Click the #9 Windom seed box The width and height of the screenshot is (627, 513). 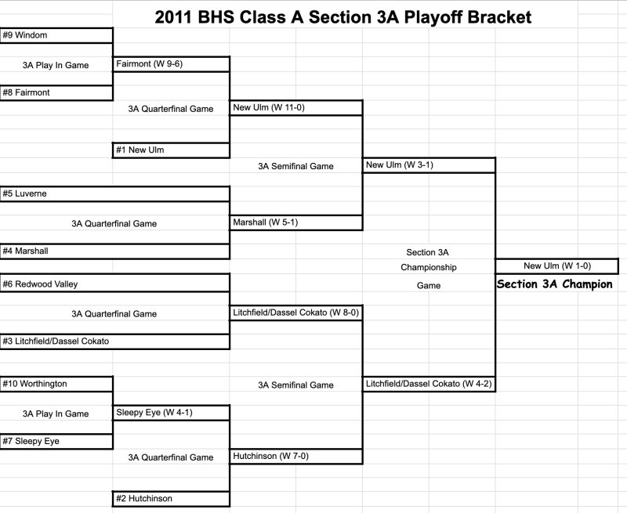click(x=56, y=35)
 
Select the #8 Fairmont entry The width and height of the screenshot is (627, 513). click(x=56, y=92)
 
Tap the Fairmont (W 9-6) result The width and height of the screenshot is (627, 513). click(x=171, y=64)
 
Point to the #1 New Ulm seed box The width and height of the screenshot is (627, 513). click(x=171, y=150)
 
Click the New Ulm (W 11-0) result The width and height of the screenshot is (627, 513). click(x=296, y=107)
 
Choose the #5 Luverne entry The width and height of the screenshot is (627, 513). click(x=114, y=193)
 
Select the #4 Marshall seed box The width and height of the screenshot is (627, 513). click(x=114, y=251)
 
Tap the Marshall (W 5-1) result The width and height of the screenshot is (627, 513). click(x=296, y=222)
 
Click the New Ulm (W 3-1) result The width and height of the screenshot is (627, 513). click(x=429, y=165)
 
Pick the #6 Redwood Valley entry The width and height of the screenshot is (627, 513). click(x=114, y=283)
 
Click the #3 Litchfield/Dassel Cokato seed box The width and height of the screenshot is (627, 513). click(x=114, y=341)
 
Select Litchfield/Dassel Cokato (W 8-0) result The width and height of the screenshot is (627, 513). click(x=296, y=312)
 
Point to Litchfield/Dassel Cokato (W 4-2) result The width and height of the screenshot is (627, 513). click(x=429, y=384)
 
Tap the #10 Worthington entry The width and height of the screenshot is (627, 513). click(x=56, y=384)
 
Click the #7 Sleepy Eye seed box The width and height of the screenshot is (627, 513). click(x=56, y=442)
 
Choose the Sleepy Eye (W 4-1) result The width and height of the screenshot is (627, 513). click(x=171, y=413)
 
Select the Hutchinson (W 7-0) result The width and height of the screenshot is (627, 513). click(x=296, y=457)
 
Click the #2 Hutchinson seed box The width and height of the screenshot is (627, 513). click(x=171, y=499)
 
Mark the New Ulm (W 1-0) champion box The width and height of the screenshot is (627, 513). click(x=557, y=266)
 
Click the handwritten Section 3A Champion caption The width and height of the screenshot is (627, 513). click(x=555, y=284)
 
